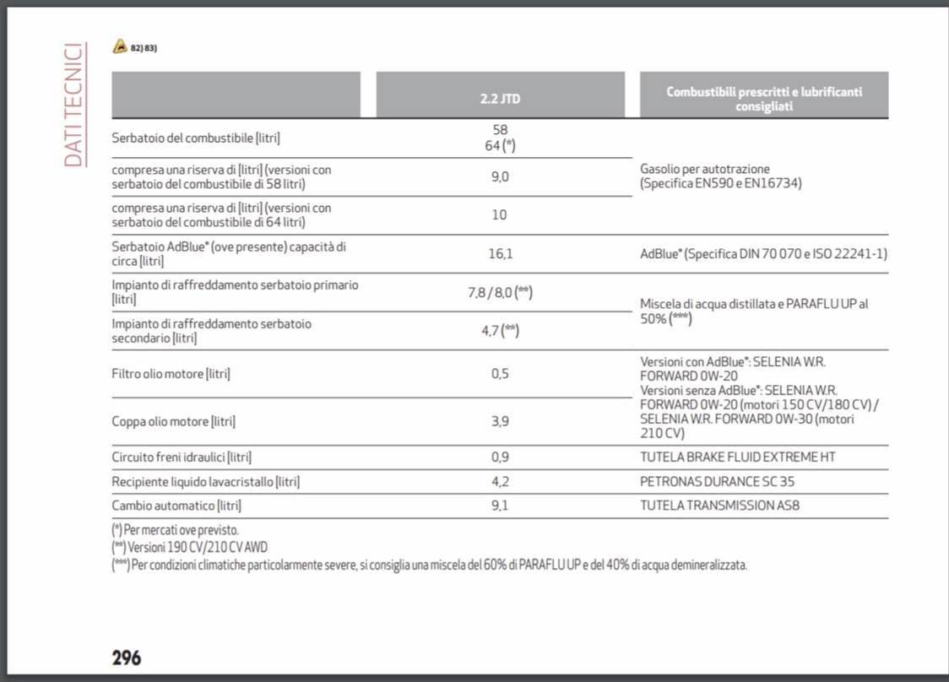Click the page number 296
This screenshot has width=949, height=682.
pyautogui.click(x=127, y=658)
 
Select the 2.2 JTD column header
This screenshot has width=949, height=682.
pyautogui.click(x=500, y=98)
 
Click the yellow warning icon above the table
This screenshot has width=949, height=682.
pyautogui.click(x=120, y=47)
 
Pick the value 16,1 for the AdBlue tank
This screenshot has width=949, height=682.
pyautogui.click(x=500, y=253)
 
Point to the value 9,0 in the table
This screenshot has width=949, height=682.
pyautogui.click(x=500, y=176)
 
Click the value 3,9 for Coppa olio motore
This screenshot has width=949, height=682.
pyautogui.click(x=500, y=421)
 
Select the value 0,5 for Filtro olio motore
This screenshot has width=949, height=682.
pyautogui.click(x=500, y=373)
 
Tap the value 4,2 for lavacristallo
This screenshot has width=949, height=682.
pyautogui.click(x=500, y=481)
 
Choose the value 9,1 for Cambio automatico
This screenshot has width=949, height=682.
pyautogui.click(x=500, y=506)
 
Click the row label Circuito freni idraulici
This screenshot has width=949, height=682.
pyautogui.click(x=182, y=457)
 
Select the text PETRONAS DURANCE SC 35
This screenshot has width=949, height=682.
pyautogui.click(x=717, y=482)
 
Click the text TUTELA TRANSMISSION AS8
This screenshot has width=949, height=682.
pyautogui.click(x=719, y=506)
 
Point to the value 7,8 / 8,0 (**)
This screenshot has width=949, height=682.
pyautogui.click(x=500, y=292)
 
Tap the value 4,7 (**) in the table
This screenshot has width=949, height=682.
pyautogui.click(x=500, y=331)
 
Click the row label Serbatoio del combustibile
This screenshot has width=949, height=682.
pyautogui.click(x=196, y=138)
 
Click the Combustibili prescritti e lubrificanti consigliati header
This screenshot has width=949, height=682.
pyautogui.click(x=763, y=99)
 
